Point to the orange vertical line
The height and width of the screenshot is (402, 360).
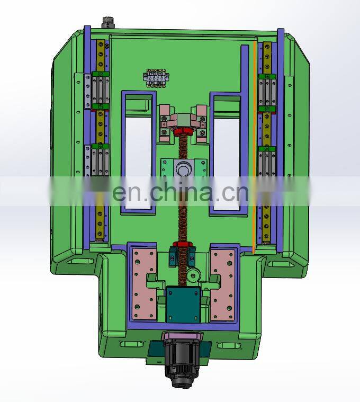click(254, 146)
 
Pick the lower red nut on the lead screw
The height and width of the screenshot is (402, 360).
click(182, 244)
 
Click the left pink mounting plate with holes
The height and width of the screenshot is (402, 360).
click(144, 284)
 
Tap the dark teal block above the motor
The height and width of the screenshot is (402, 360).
click(183, 305)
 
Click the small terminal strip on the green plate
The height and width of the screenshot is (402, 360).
click(156, 78)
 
